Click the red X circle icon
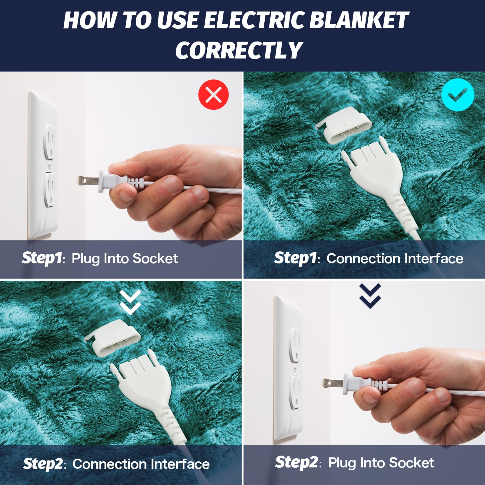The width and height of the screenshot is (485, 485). pyautogui.click(x=213, y=95)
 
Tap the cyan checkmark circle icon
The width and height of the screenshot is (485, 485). pyautogui.click(x=458, y=95)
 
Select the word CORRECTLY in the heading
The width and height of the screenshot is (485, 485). pyautogui.click(x=239, y=50)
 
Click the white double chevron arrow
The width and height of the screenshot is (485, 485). pyautogui.click(x=130, y=302)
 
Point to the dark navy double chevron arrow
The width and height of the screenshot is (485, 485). pyautogui.click(x=370, y=296)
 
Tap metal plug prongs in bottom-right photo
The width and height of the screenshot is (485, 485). pyautogui.click(x=332, y=383)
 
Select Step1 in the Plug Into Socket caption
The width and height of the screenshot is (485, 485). pyautogui.click(x=42, y=258)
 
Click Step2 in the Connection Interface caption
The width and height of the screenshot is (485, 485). pyautogui.click(x=43, y=464)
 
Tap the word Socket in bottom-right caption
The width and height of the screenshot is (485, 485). pyautogui.click(x=411, y=463)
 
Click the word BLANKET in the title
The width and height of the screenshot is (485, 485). pyautogui.click(x=359, y=21)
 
